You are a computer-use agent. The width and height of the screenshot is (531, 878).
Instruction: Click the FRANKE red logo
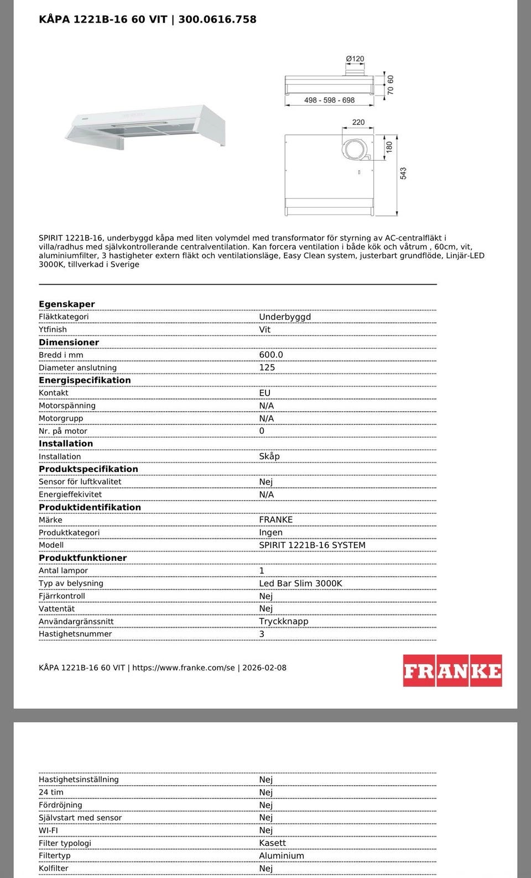click(452, 670)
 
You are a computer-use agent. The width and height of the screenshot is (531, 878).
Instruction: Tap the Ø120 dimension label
click(355, 59)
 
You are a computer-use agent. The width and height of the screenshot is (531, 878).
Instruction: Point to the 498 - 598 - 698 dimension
click(329, 100)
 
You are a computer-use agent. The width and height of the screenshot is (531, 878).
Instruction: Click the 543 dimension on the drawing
click(403, 174)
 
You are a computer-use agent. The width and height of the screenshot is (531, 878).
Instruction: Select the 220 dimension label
click(358, 122)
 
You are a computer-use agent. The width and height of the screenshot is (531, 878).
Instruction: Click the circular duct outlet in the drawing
click(353, 149)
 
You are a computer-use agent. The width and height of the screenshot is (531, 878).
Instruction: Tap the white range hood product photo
click(146, 127)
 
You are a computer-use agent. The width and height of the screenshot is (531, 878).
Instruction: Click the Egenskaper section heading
click(66, 304)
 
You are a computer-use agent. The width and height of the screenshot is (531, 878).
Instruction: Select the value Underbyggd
click(285, 317)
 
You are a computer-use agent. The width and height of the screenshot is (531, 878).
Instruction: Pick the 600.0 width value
click(271, 355)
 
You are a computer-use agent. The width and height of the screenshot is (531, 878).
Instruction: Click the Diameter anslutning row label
click(77, 367)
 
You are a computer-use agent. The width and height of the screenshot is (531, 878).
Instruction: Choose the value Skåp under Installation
click(269, 456)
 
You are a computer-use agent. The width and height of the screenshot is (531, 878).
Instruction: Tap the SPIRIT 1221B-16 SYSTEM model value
click(312, 545)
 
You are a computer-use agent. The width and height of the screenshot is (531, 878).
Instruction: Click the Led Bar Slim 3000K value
click(300, 583)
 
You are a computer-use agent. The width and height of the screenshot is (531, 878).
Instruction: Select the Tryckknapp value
click(284, 621)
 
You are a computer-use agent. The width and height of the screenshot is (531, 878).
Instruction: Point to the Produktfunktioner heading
click(82, 558)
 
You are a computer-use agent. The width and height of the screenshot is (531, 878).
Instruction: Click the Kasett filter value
click(273, 843)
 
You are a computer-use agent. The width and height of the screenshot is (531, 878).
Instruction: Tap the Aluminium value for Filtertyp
click(282, 856)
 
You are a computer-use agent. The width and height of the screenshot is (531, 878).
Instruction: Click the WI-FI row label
click(48, 830)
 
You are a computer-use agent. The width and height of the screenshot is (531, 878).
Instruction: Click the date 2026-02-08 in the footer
click(265, 667)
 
